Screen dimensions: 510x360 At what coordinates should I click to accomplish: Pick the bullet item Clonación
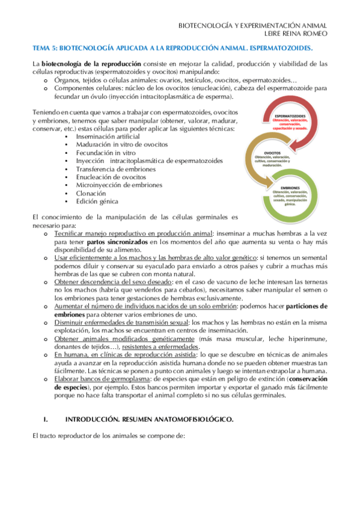[92, 193]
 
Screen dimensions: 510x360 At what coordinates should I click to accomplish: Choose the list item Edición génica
[97, 201]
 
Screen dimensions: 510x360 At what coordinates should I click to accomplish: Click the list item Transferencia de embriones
[115, 169]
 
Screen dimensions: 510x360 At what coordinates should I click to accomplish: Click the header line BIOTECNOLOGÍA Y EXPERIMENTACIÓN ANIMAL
[254, 25]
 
